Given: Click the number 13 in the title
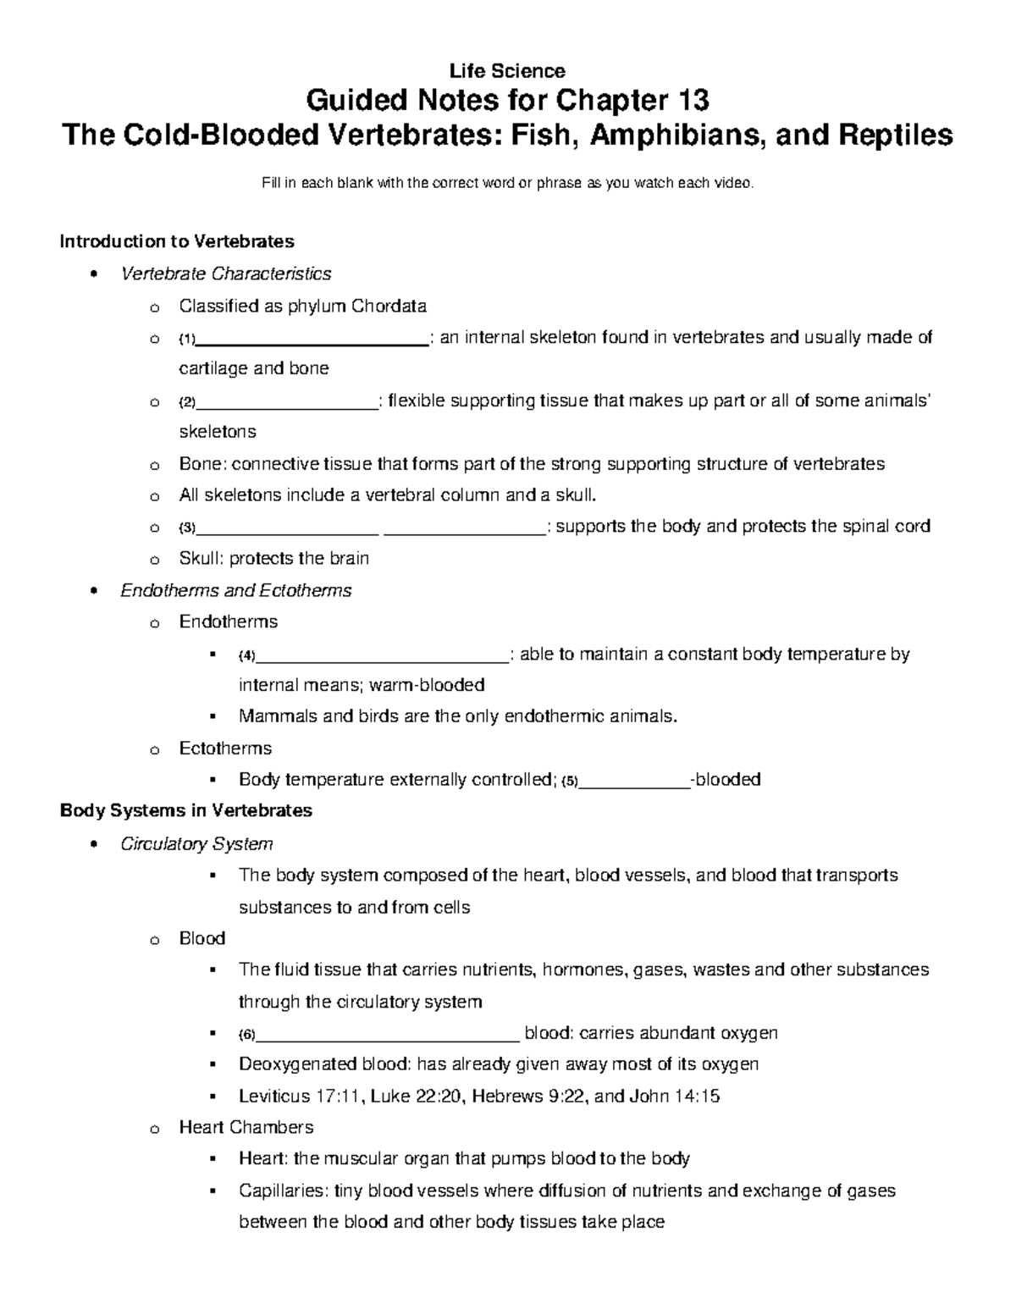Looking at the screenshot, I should (x=691, y=101).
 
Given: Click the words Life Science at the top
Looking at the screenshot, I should (x=508, y=70).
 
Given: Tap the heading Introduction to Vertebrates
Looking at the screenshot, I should (x=177, y=241).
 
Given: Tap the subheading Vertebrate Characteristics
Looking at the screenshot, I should (x=226, y=273).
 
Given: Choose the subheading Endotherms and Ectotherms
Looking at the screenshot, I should (x=236, y=590).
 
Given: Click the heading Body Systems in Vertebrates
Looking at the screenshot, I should (x=186, y=810).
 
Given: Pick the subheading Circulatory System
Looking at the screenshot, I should (x=196, y=843).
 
